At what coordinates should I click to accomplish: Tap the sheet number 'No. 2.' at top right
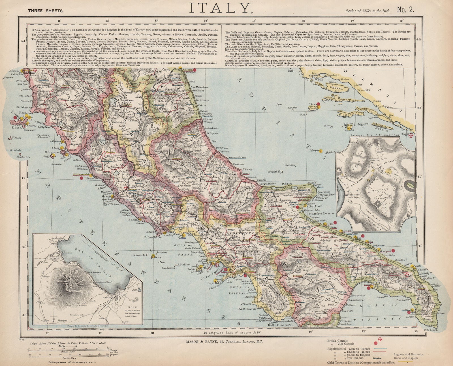pyautogui.click(x=405, y=10)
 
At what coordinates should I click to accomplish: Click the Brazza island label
pyautogui.click(x=336, y=89)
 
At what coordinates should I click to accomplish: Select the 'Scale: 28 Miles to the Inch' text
pyautogui.click(x=368, y=11)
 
